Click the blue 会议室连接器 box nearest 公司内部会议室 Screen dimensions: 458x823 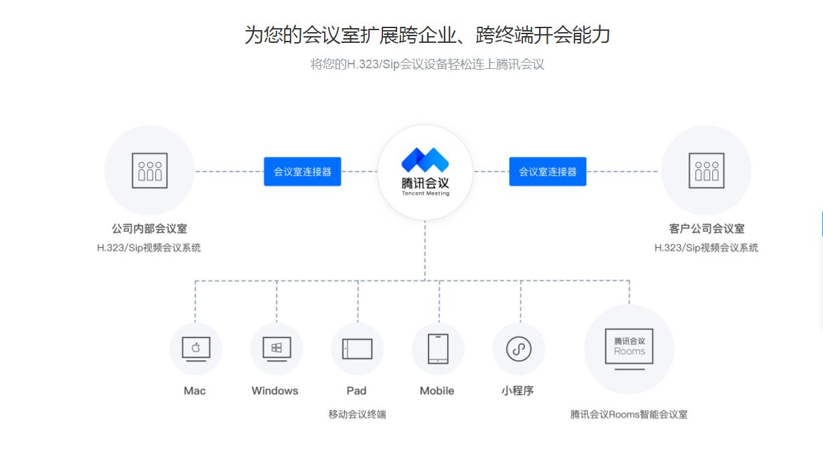click(x=302, y=171)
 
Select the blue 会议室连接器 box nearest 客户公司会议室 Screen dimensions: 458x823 click(x=547, y=171)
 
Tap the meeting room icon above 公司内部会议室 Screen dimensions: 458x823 click(x=149, y=170)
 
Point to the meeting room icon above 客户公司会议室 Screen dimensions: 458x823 click(x=706, y=170)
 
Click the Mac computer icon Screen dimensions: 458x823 click(x=196, y=348)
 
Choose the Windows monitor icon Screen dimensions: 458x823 click(x=276, y=348)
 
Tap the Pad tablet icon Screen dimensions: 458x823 click(x=357, y=348)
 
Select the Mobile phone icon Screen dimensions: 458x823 click(x=438, y=348)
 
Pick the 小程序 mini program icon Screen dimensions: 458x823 click(x=518, y=348)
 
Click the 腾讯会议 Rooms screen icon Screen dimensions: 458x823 click(x=629, y=348)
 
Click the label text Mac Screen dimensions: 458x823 click(x=195, y=391)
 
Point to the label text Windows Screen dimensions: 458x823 click(x=275, y=391)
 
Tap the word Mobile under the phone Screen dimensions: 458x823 click(x=437, y=391)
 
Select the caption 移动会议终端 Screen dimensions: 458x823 click(x=357, y=414)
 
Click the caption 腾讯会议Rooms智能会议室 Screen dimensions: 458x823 click(x=629, y=414)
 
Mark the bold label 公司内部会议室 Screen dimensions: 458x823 click(x=149, y=229)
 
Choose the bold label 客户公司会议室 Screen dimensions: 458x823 click(x=706, y=229)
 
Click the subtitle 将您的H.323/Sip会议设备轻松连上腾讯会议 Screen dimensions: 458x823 click(x=427, y=65)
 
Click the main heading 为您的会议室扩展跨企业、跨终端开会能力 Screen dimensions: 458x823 click(x=427, y=35)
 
